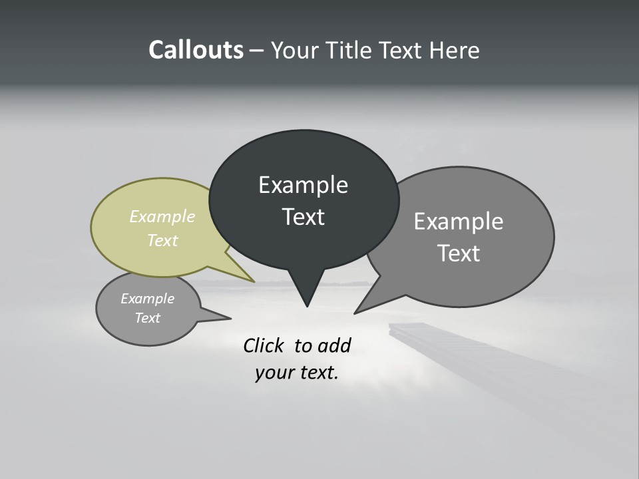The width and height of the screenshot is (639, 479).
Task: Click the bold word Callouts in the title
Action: pyautogui.click(x=196, y=50)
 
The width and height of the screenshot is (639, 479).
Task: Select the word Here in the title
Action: pyautogui.click(x=455, y=50)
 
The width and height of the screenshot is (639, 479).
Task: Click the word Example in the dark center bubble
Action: pyautogui.click(x=303, y=185)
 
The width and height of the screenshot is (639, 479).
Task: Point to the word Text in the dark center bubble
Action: pyautogui.click(x=303, y=217)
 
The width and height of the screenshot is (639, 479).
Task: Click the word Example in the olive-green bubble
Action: pyautogui.click(x=162, y=216)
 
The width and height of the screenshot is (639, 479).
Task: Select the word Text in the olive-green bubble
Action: pyautogui.click(x=162, y=240)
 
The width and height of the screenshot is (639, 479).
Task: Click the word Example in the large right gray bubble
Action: pyautogui.click(x=459, y=222)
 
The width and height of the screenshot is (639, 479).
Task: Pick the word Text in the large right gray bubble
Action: pyautogui.click(x=459, y=253)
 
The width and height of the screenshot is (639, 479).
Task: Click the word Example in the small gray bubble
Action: pyautogui.click(x=147, y=299)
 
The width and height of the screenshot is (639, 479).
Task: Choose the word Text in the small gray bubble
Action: pyautogui.click(x=147, y=318)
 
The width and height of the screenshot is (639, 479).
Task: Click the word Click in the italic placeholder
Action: pyautogui.click(x=264, y=345)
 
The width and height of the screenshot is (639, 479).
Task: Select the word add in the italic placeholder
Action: pyautogui.click(x=335, y=345)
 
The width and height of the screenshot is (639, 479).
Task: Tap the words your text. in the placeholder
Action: pyautogui.click(x=297, y=373)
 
